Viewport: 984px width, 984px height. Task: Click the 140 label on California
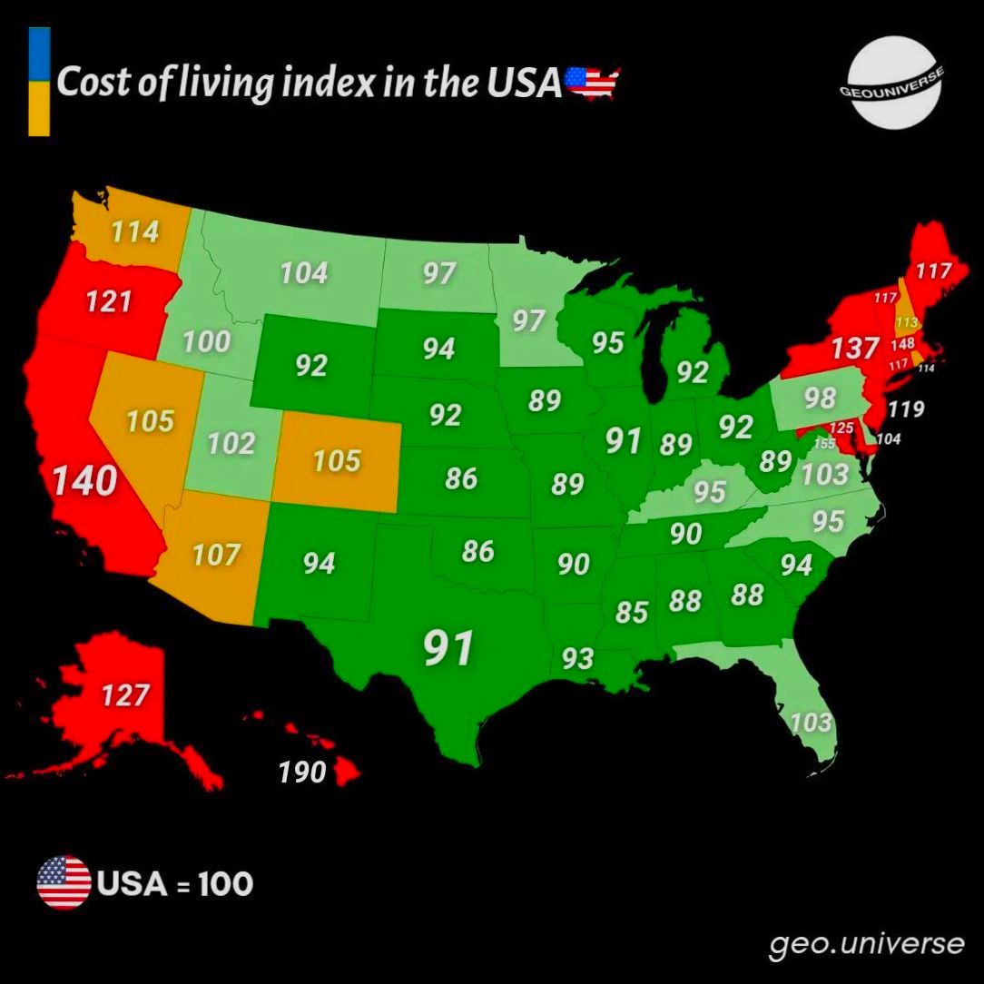point(84,481)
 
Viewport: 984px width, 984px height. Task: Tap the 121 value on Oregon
point(109,301)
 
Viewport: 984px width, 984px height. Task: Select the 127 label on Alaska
point(125,695)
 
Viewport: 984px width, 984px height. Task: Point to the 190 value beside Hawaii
point(301,772)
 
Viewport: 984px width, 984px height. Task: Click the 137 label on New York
point(854,348)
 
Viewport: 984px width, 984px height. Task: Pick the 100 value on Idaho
point(206,342)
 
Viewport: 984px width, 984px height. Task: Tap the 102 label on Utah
point(231,444)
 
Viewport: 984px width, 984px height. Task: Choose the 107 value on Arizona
point(215,554)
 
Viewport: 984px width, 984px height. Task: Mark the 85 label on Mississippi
point(632,612)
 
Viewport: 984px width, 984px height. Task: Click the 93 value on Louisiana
point(577,658)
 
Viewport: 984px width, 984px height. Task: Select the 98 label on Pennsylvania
point(819,398)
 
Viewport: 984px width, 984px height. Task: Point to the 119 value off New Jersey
point(905,408)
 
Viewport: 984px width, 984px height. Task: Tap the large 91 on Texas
point(449,648)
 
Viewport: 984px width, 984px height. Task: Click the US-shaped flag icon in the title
point(592,83)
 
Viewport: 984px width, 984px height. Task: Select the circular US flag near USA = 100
point(64,882)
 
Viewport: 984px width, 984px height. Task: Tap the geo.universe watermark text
point(866,944)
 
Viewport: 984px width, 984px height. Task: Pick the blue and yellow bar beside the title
point(39,82)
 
